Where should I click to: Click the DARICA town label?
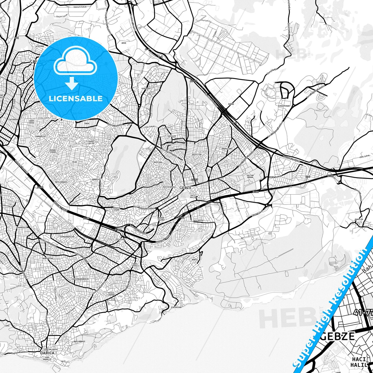(x=47, y=353)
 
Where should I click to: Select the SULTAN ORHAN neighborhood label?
(x=250, y=176)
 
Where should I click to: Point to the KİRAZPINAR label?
(x=284, y=106)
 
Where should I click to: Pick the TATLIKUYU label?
(x=198, y=220)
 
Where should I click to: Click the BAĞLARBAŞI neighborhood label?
(x=79, y=341)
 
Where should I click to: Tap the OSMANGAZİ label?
(x=22, y=227)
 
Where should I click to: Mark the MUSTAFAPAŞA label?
(x=169, y=187)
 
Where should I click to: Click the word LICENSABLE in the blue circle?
(x=76, y=98)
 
